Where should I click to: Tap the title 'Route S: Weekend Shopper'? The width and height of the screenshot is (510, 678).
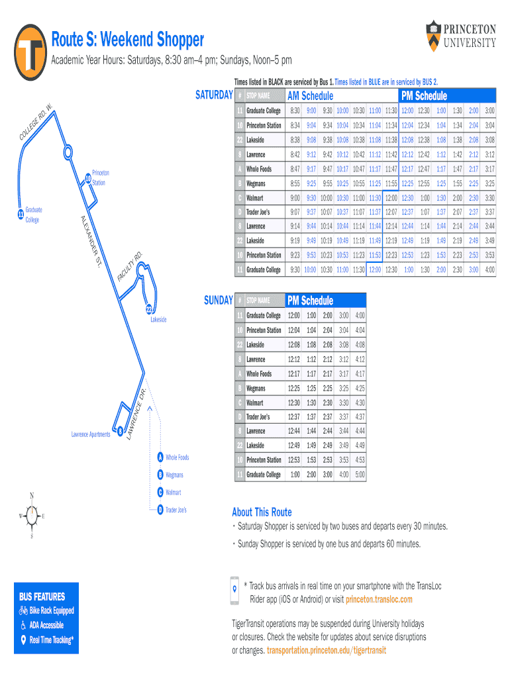128,40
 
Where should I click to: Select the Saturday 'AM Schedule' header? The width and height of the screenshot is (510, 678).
310,96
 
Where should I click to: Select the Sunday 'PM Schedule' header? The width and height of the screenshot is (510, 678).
309,301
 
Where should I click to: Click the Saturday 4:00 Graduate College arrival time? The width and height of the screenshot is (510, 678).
489,269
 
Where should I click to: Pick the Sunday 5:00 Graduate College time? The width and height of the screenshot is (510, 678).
360,474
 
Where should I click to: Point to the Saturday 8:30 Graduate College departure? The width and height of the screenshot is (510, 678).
295,111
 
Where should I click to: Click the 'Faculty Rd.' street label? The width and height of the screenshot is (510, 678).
130,265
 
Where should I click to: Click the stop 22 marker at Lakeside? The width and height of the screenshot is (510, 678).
149,309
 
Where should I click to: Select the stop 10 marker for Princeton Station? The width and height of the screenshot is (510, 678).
87,177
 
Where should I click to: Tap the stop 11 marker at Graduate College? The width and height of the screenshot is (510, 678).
21,215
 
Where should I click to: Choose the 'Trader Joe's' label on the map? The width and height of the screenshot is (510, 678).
176,510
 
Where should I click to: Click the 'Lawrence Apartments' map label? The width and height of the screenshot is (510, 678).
91,434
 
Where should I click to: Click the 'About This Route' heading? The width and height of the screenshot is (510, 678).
262,512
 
